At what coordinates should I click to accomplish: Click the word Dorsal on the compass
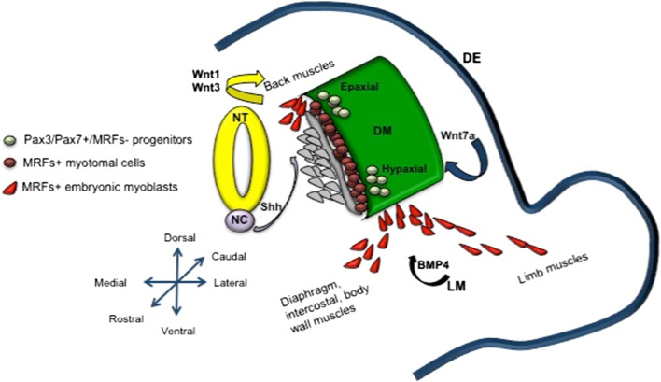[x=179, y=239]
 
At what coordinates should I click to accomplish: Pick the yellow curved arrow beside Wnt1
[x=245, y=87]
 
